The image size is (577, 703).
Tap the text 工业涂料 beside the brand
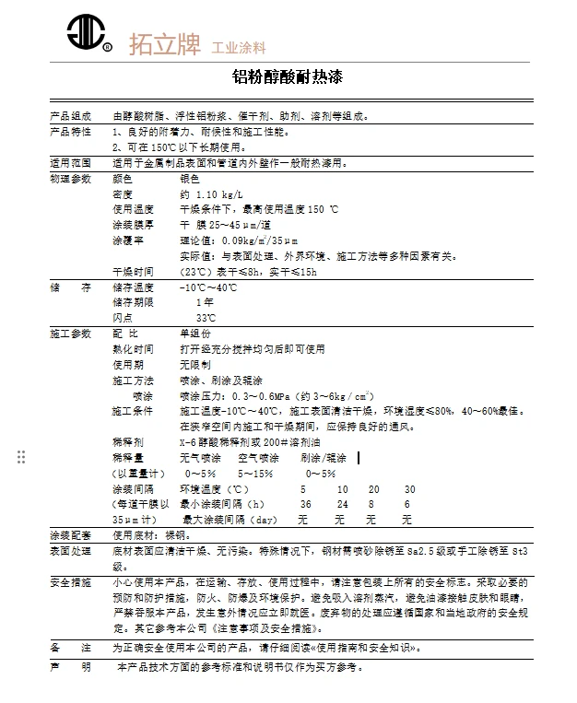pos(239,47)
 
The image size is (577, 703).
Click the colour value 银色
pos(190,178)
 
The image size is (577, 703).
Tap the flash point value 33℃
pos(206,318)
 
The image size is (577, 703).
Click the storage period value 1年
pos(205,302)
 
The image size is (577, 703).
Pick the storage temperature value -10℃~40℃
pos(209,287)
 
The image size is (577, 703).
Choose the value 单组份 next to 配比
pos(195,334)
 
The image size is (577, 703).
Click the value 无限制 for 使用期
pos(195,365)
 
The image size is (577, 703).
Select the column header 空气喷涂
pos(258,458)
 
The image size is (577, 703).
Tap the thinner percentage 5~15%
pos(255,474)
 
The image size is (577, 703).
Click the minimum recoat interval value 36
pos(305,505)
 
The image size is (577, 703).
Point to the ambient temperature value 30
pos(409,489)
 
